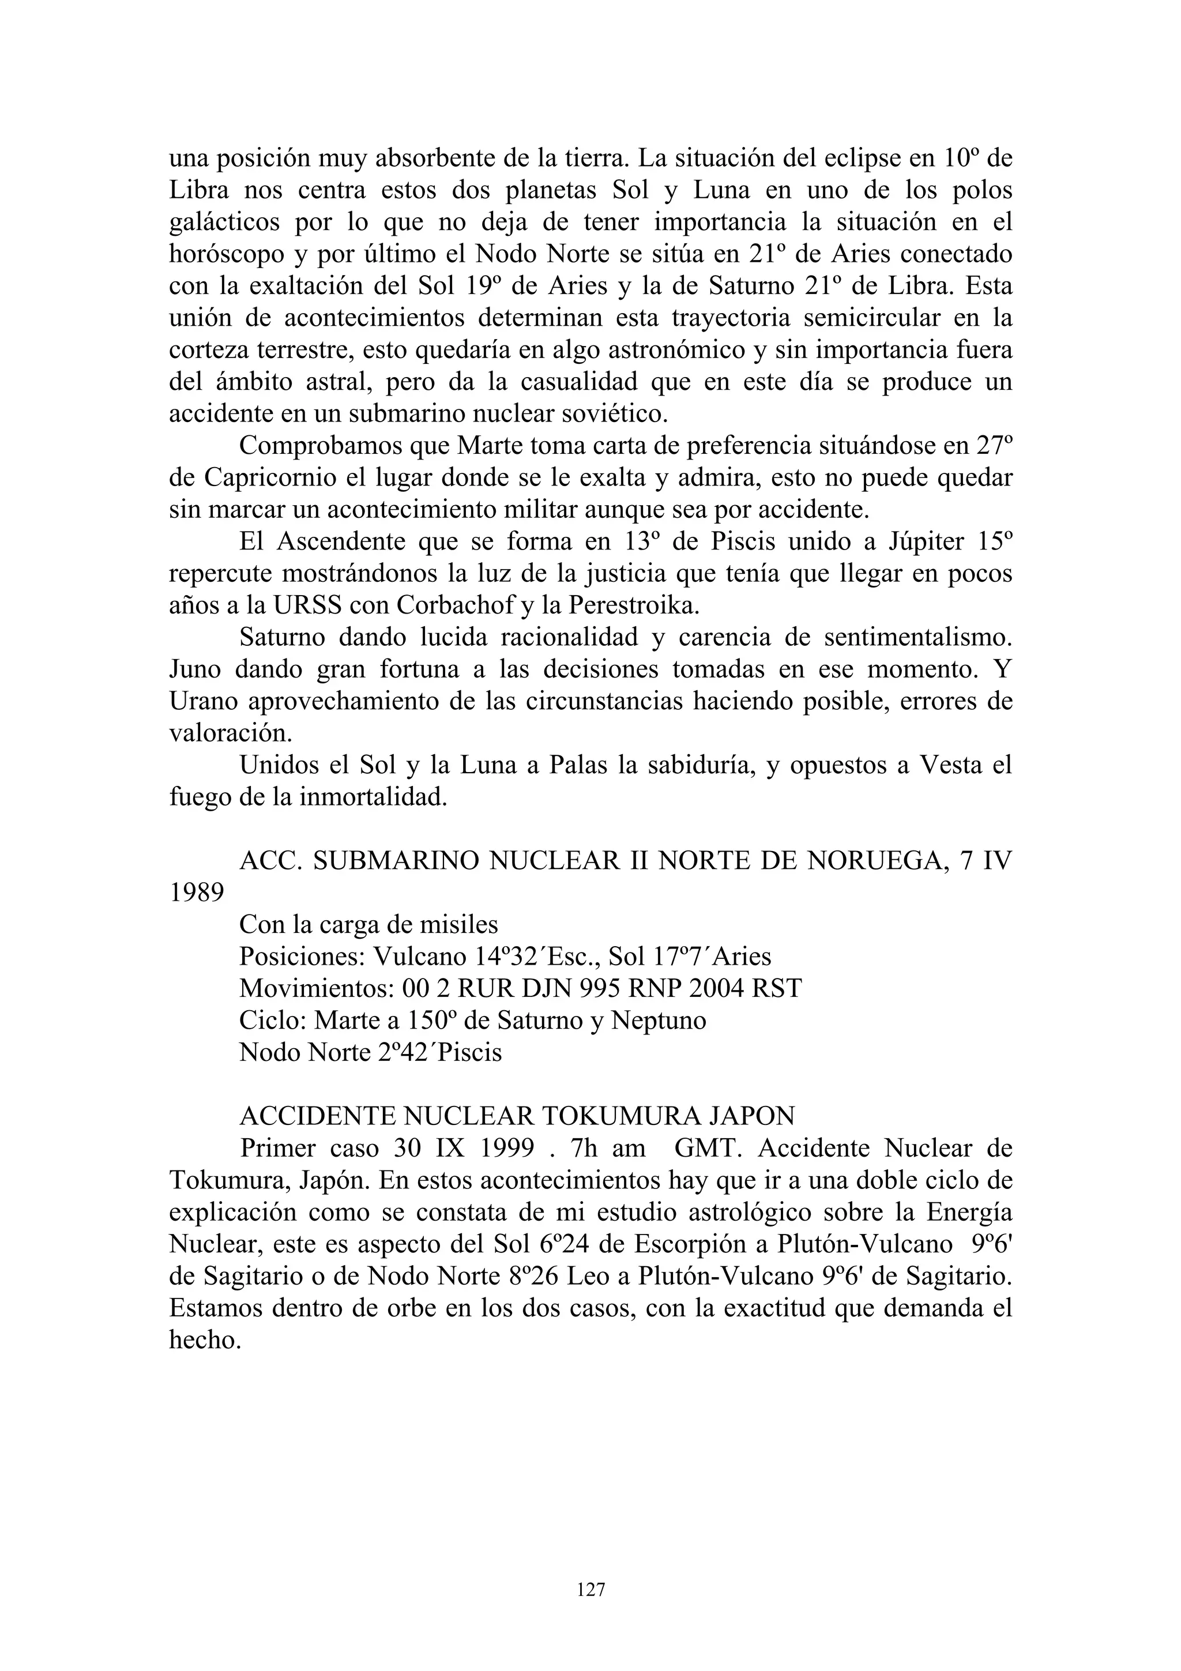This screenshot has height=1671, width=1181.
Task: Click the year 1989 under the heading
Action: point(197,892)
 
